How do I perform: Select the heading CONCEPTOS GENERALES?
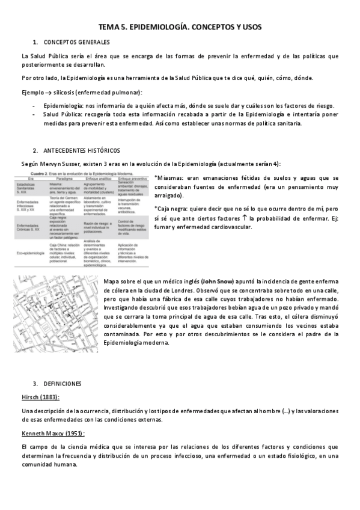76,42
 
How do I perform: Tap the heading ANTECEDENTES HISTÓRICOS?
81,150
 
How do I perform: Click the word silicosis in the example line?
71,92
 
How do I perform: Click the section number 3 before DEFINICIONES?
35,383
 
